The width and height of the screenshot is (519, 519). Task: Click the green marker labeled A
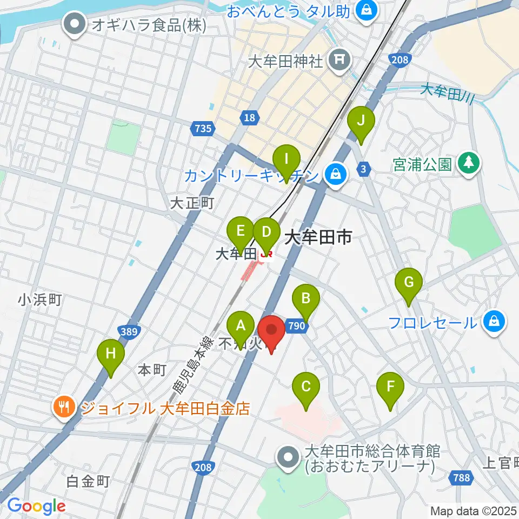[x=241, y=327]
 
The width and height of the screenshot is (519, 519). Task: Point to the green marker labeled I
[x=287, y=161]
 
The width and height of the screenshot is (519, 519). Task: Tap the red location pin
[x=271, y=331]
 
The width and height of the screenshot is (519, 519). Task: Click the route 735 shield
[x=202, y=128]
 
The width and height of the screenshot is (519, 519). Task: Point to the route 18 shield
[x=249, y=117]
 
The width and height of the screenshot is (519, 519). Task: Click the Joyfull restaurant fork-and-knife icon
[x=64, y=407]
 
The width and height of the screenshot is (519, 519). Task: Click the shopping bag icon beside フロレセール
[x=494, y=322]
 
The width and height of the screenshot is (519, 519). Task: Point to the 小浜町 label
[x=41, y=299]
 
